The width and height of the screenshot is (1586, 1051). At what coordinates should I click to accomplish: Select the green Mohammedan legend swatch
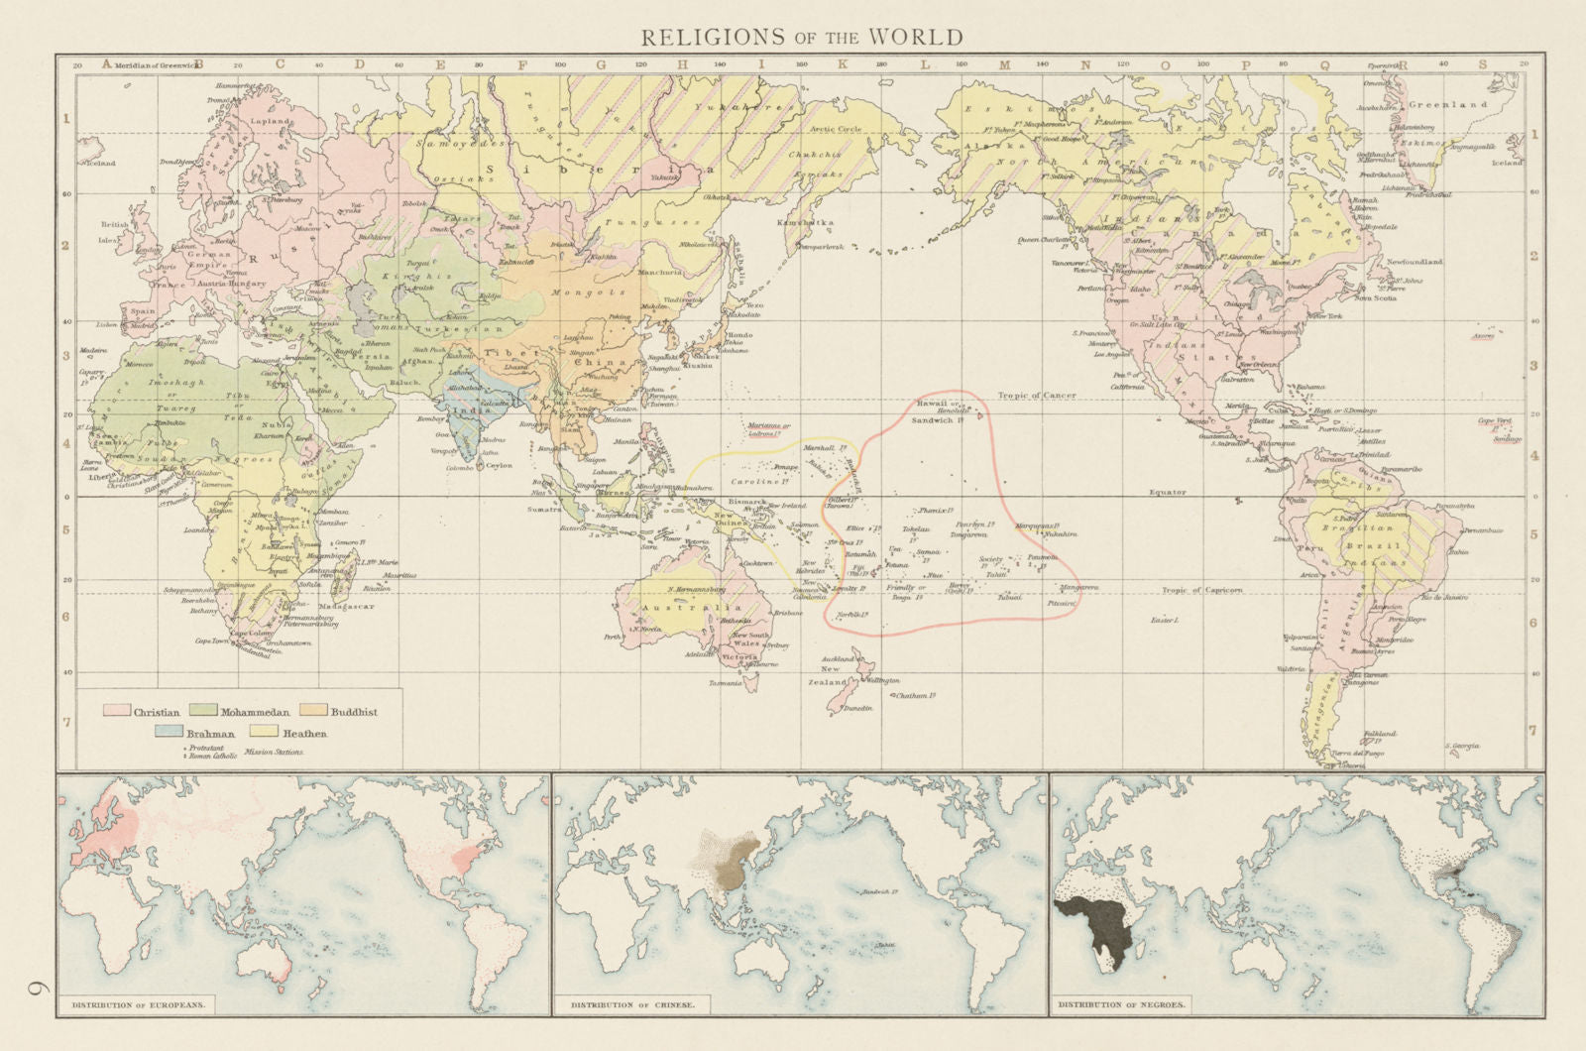pos(204,711)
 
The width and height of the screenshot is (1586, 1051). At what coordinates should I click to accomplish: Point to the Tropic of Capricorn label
pos(1201,590)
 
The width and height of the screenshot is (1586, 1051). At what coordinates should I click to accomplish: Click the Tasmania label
pos(725,683)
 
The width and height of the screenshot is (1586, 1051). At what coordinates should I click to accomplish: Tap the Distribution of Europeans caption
pos(139,1004)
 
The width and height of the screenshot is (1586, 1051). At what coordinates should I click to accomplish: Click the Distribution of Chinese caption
pos(632,1004)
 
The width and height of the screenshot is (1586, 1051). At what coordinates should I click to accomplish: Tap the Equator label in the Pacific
pos(1168,492)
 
